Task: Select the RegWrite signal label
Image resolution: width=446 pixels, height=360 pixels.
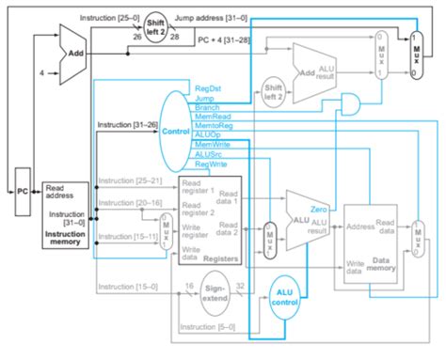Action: pyautogui.click(x=211, y=164)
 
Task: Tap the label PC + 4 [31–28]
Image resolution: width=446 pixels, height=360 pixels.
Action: pyautogui.click(x=231, y=40)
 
